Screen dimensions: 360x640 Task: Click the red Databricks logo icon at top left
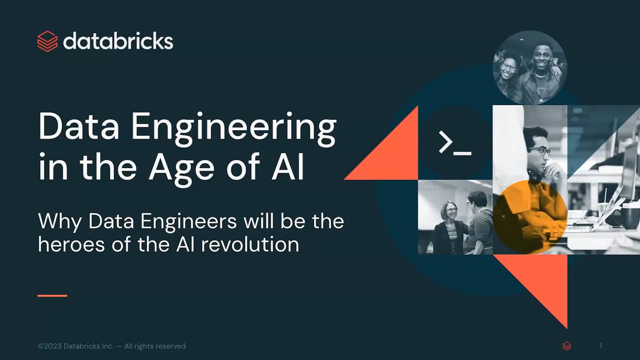[47, 41]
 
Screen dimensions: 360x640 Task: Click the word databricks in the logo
[118, 41]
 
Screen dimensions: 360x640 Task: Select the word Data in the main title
[79, 127]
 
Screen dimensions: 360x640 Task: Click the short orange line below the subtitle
[52, 296]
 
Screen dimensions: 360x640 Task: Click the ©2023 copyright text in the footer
[50, 346]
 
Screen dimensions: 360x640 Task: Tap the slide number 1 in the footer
[601, 346]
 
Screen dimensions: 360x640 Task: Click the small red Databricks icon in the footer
[567, 346]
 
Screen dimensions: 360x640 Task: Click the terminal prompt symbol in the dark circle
[455, 143]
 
